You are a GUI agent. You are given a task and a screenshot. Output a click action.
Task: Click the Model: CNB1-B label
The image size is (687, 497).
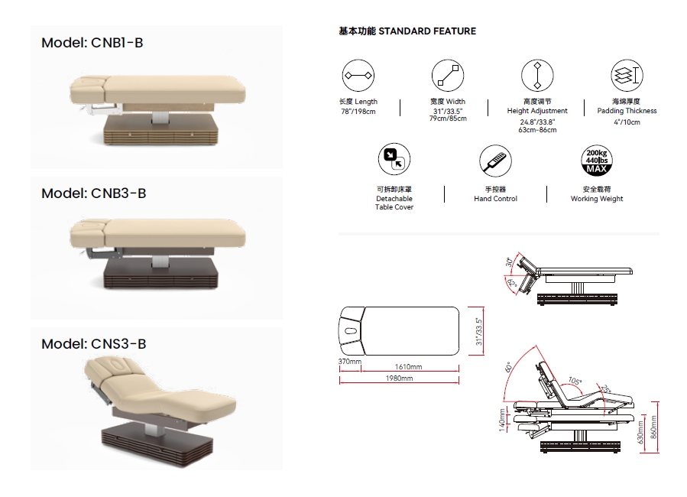pyautogui.click(x=92, y=43)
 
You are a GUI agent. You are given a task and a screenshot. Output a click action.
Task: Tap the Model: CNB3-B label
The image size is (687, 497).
pyautogui.click(x=94, y=193)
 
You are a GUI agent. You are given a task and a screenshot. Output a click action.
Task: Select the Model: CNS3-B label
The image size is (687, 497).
pyautogui.click(x=94, y=344)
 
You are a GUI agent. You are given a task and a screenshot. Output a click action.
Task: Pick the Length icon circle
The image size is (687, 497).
pyautogui.click(x=358, y=76)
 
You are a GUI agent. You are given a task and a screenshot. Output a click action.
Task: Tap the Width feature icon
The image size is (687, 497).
pyautogui.click(x=448, y=76)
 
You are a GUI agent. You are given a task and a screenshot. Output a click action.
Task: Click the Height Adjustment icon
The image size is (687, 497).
pyautogui.click(x=537, y=76)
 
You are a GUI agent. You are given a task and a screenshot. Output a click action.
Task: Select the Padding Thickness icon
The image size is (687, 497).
pyautogui.click(x=627, y=76)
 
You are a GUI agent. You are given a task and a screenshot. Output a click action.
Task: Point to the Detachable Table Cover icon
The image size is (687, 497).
pyautogui.click(x=394, y=159)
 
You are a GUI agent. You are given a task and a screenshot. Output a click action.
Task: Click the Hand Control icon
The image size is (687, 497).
pyautogui.click(x=495, y=161)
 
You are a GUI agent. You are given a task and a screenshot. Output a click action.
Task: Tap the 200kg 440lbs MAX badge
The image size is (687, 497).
pyautogui.click(x=597, y=161)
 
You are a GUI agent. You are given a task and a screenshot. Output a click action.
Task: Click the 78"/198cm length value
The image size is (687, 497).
pyautogui.click(x=358, y=112)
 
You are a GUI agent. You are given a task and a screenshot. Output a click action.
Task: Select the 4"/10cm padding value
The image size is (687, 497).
pyautogui.click(x=627, y=122)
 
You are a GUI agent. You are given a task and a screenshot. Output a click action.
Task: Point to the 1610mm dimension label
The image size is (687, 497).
pyautogui.click(x=408, y=367)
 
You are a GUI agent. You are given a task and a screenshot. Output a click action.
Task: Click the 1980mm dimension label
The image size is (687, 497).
pyautogui.click(x=399, y=378)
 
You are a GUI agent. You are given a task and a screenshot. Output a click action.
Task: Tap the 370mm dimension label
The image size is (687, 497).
pyautogui.click(x=350, y=362)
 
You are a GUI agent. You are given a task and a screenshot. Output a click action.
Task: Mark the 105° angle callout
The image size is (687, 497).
pyautogui.click(x=575, y=381)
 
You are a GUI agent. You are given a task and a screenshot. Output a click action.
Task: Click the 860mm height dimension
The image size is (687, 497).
pyautogui.click(x=653, y=427)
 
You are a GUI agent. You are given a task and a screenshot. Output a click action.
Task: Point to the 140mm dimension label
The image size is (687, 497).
pyautogui.click(x=502, y=420)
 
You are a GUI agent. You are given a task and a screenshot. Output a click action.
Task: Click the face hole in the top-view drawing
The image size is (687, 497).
pyautogui.click(x=351, y=331)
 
